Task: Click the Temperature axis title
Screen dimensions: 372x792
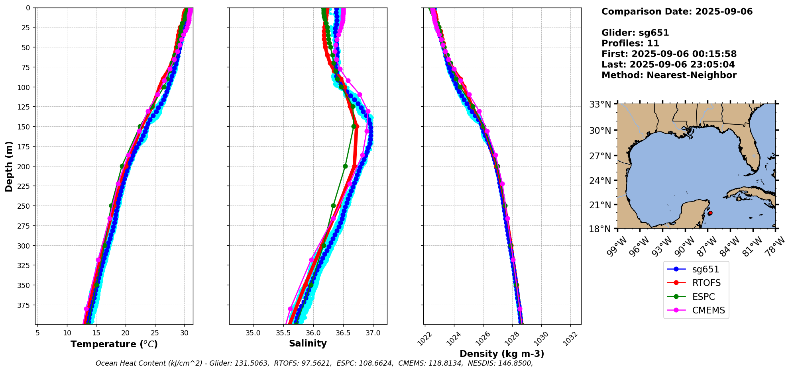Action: [x=114, y=344]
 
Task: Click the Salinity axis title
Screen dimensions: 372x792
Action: [x=308, y=343]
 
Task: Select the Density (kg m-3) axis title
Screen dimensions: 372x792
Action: [x=502, y=354]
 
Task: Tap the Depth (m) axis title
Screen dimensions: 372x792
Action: [x=9, y=166]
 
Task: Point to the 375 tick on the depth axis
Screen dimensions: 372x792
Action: [x=24, y=305]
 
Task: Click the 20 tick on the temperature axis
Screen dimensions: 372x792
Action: [x=126, y=333]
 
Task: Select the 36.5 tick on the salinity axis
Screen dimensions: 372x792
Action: [x=343, y=333]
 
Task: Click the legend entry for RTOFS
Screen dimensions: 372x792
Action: [x=706, y=283]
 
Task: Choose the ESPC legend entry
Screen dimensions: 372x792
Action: [x=704, y=297]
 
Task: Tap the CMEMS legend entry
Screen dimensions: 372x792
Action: [x=708, y=311]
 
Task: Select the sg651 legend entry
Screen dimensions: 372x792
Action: [x=706, y=269]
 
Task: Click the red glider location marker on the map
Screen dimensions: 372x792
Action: [x=710, y=213]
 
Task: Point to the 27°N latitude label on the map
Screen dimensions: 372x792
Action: [x=600, y=156]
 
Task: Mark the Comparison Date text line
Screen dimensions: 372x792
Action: [x=677, y=12]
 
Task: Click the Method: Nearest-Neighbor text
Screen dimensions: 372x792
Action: [x=669, y=75]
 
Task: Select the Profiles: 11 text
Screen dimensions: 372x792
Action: [x=630, y=43]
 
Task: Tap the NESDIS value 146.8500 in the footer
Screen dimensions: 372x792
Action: [x=517, y=363]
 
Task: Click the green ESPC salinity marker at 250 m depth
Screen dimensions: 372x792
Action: [x=333, y=206]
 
